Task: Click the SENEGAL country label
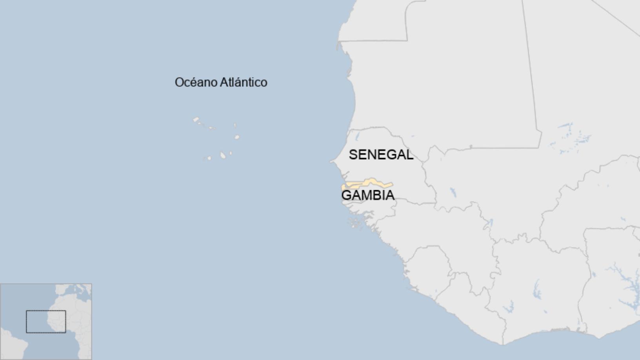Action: pos(381,155)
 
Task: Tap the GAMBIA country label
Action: pos(368,195)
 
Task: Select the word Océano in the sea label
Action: pos(195,82)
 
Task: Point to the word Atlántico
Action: pos(243,82)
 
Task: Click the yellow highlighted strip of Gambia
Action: pos(371,183)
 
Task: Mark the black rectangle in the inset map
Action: pos(46,322)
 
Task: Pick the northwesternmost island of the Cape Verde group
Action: pos(196,119)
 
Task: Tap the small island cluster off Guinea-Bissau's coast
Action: pos(355,224)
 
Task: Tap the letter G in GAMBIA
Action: pos(346,195)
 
